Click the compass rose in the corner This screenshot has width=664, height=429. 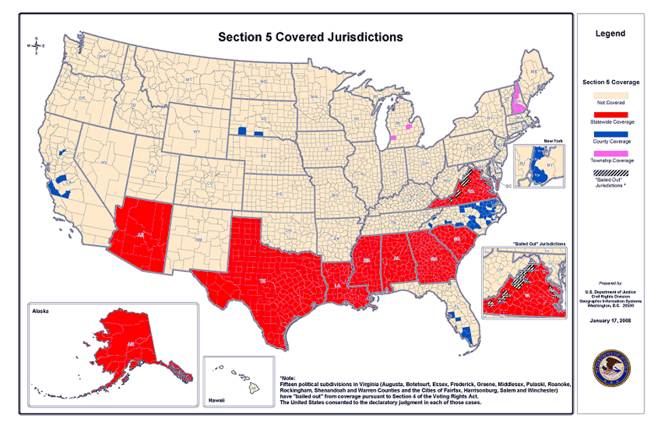pyautogui.click(x=35, y=46)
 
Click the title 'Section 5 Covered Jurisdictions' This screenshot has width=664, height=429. pyautogui.click(x=310, y=37)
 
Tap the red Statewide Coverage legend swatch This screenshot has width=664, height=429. pyautogui.click(x=610, y=115)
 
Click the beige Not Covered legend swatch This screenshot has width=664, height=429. pyautogui.click(x=610, y=96)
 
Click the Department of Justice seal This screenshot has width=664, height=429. pyautogui.click(x=610, y=368)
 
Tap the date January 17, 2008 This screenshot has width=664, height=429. pyautogui.click(x=610, y=320)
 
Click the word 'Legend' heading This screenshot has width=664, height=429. pyautogui.click(x=610, y=33)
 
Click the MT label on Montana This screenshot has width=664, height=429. pyautogui.click(x=190, y=80)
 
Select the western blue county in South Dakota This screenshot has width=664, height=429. pyautogui.click(x=242, y=131)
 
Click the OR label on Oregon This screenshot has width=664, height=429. pyautogui.click(x=81, y=99)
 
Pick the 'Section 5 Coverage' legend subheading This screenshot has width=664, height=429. pyautogui.click(x=610, y=82)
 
